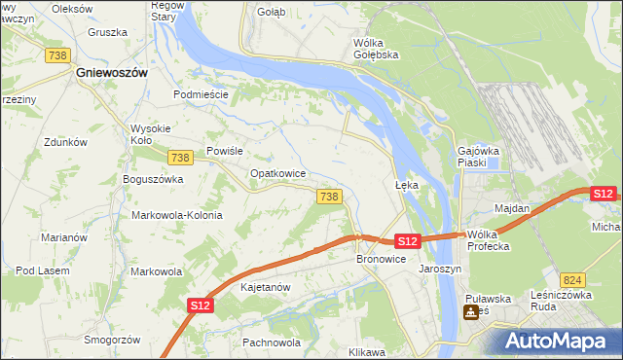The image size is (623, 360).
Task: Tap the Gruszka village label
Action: point(107,32)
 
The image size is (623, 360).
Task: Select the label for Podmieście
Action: point(200,94)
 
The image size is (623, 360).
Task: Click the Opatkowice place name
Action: point(278,173)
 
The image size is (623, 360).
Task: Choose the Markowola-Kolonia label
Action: point(178,215)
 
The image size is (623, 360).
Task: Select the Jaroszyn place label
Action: point(439,269)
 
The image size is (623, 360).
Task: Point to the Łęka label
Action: point(406,184)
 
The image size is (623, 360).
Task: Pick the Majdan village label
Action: point(512,208)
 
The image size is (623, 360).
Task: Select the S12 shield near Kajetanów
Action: point(200,306)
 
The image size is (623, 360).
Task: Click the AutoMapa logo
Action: point(557,341)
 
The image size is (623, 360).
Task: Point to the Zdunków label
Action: point(66,142)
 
